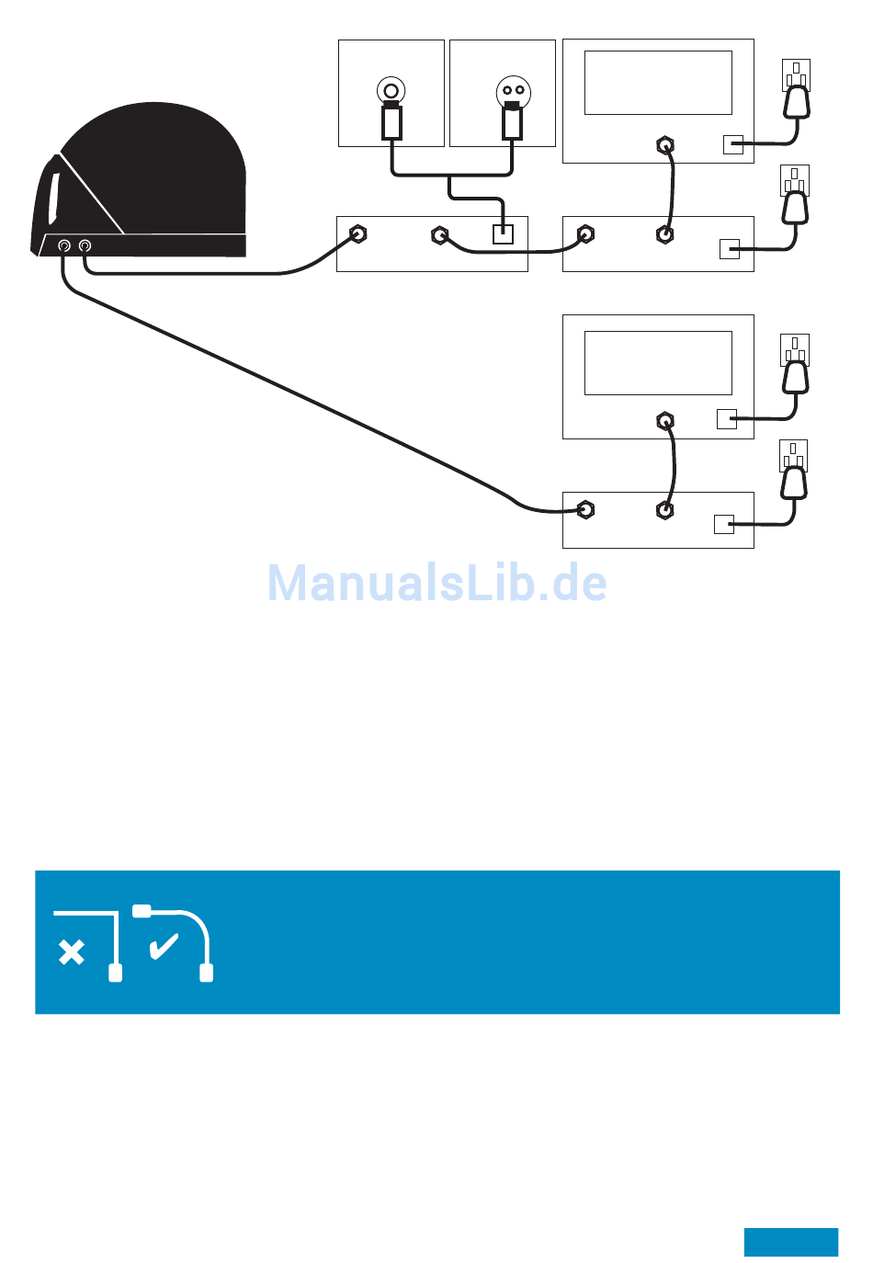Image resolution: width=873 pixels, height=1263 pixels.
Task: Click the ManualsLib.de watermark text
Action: [437, 583]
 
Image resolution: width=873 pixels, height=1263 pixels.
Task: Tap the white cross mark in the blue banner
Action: [71, 952]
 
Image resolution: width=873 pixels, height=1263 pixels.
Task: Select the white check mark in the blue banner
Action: [164, 946]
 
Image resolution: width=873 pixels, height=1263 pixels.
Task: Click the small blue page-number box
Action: [790, 1241]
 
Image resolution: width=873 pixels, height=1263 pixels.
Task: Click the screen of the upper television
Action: [658, 83]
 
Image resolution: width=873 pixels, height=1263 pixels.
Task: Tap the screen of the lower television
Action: [658, 363]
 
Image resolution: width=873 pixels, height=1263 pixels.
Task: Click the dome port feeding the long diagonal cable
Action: [64, 245]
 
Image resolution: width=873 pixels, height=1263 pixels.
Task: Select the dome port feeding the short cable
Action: [85, 245]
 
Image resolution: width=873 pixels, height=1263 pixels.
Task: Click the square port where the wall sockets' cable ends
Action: [503, 233]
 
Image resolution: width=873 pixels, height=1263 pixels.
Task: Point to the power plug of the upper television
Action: [796, 102]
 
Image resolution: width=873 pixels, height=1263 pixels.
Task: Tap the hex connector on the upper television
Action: [665, 145]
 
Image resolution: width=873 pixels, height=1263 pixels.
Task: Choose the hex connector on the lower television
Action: [665, 422]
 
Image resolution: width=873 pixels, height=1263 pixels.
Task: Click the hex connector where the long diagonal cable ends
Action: [585, 509]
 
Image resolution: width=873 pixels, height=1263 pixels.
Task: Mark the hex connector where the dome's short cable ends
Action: [358, 233]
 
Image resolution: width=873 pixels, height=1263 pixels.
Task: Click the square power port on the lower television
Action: [726, 419]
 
